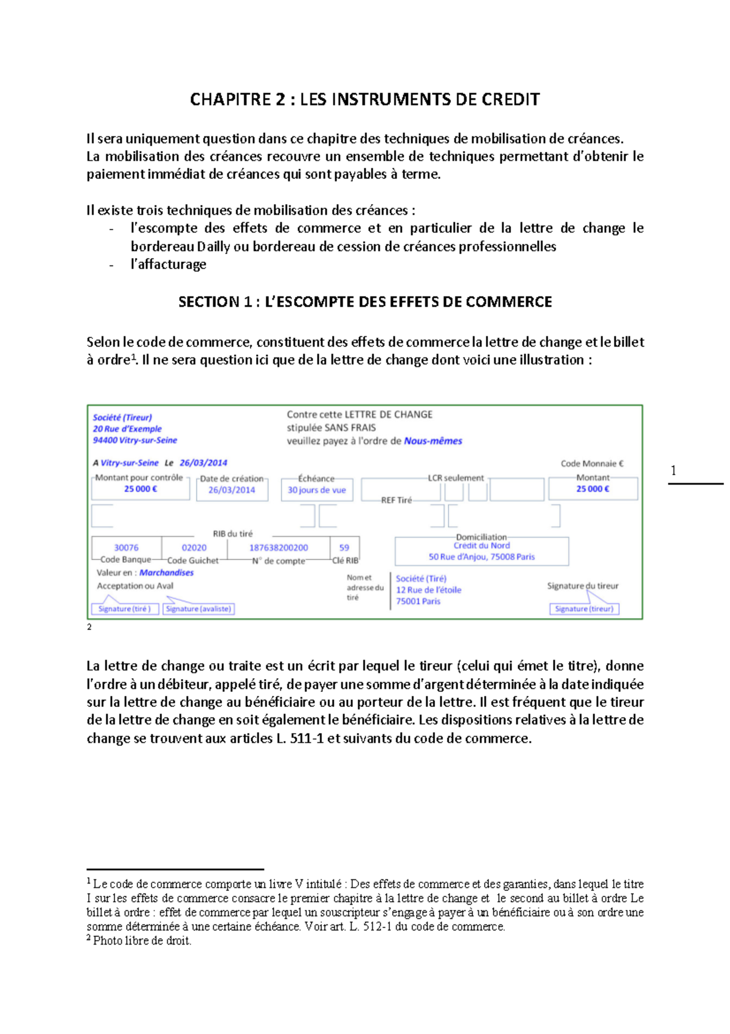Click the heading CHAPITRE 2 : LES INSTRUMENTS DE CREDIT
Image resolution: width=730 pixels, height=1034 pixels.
pyautogui.click(x=364, y=99)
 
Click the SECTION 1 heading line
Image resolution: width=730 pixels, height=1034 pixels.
pyautogui.click(x=365, y=302)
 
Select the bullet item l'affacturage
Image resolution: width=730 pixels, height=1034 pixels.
pyautogui.click(x=169, y=264)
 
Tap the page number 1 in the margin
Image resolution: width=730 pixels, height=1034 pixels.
pyautogui.click(x=673, y=470)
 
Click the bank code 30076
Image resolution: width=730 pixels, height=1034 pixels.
pyautogui.click(x=127, y=547)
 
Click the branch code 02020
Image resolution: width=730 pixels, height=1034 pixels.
pyautogui.click(x=194, y=547)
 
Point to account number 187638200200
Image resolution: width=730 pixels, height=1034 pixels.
pyautogui.click(x=279, y=547)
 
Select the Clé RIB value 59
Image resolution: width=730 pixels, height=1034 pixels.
pyautogui.click(x=344, y=547)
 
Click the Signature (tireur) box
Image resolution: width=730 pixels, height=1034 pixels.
pyautogui.click(x=584, y=608)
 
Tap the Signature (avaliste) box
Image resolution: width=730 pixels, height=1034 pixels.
pyautogui.click(x=198, y=608)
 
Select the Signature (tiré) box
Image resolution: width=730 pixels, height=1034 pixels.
pyautogui.click(x=125, y=608)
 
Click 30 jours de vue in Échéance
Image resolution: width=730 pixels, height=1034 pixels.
pyautogui.click(x=316, y=490)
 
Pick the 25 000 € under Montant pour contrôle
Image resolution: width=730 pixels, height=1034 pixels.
pyautogui.click(x=141, y=489)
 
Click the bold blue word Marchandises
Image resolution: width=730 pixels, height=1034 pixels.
pyautogui.click(x=167, y=572)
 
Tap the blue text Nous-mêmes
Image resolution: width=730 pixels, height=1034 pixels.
pyautogui.click(x=433, y=441)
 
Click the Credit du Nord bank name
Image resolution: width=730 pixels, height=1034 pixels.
pyautogui.click(x=482, y=546)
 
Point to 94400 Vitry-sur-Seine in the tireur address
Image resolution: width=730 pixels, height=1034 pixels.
pyautogui.click(x=135, y=440)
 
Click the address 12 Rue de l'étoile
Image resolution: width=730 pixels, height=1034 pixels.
pyautogui.click(x=428, y=589)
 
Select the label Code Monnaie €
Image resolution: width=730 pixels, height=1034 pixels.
pyautogui.click(x=592, y=463)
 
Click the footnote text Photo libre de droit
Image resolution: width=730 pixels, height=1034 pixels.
pyautogui.click(x=142, y=941)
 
